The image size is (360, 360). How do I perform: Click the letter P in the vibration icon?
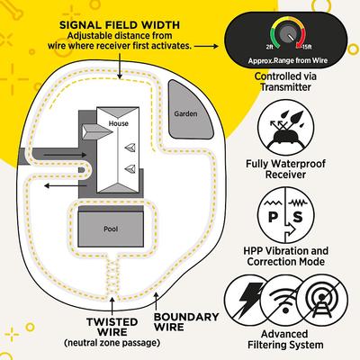tap(274, 219)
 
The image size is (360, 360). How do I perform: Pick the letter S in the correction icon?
tap(295, 219)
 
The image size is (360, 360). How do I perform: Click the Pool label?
tap(111, 229)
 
